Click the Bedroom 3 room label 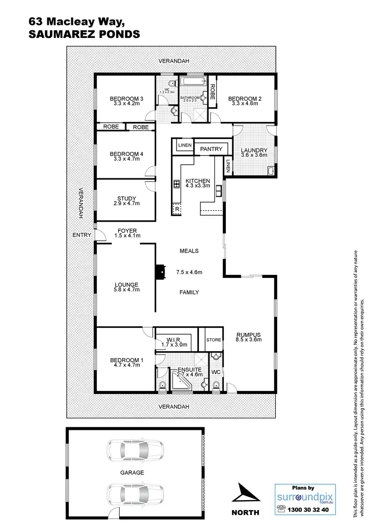tap(126, 99)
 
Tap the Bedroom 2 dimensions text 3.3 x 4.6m tap(245, 104)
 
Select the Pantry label tap(211, 149)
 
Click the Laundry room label tap(254, 150)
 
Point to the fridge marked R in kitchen tap(177, 210)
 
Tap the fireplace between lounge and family tap(159, 272)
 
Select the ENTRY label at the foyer tap(81, 235)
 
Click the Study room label tap(126, 198)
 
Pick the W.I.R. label tap(174, 339)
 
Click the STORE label tap(213, 340)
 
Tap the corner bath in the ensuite tap(180, 382)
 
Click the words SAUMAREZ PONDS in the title tap(84, 34)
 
